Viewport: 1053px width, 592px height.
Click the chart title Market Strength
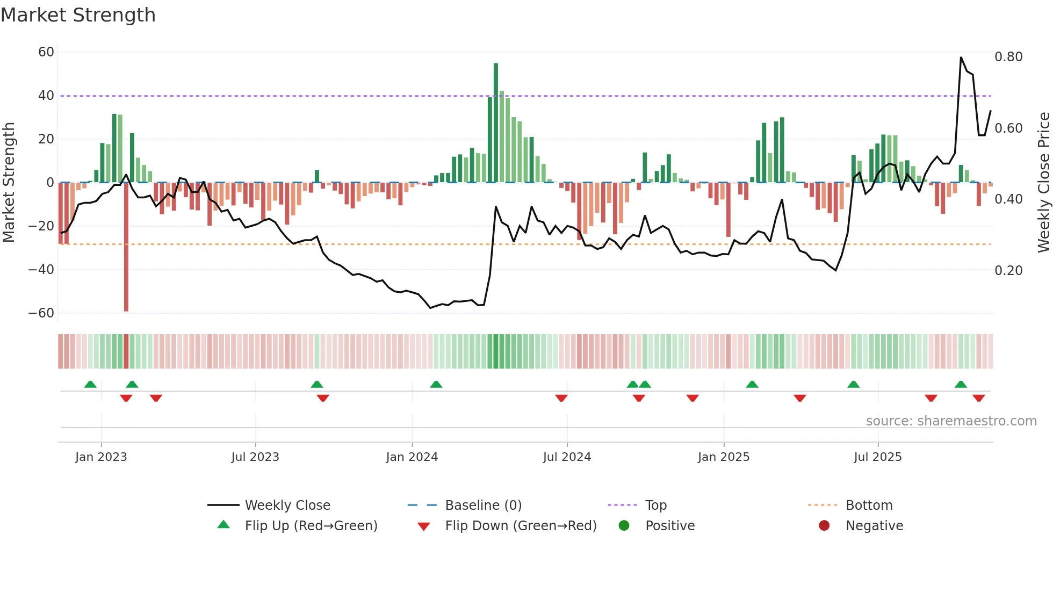pyautogui.click(x=78, y=15)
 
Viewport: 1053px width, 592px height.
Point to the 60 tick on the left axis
pyautogui.click(x=46, y=52)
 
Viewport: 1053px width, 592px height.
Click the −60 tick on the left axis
pyautogui.click(x=41, y=313)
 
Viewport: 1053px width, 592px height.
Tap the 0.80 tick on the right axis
pyautogui.click(x=1008, y=57)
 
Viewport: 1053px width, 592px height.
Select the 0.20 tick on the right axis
pyautogui.click(x=1008, y=271)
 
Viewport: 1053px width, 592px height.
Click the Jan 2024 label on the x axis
pyautogui.click(x=412, y=457)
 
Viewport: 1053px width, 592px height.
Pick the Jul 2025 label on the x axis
pyautogui.click(x=877, y=457)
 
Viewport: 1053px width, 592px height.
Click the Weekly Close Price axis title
pyautogui.click(x=1043, y=183)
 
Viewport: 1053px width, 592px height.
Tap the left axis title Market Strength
pyautogui.click(x=9, y=183)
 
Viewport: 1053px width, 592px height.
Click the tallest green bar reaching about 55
pyautogui.click(x=496, y=122)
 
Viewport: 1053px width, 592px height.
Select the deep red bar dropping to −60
pyautogui.click(x=126, y=247)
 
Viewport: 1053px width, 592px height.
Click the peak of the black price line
pyautogui.click(x=961, y=57)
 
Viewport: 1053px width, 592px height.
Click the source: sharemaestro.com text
pyautogui.click(x=951, y=421)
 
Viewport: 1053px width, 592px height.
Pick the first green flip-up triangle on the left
pyautogui.click(x=90, y=385)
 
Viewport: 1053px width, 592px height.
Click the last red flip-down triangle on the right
pyautogui.click(x=978, y=398)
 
